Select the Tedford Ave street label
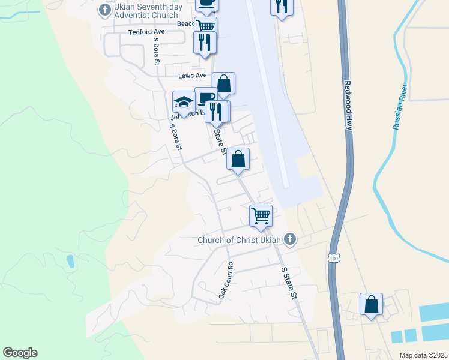(x=146, y=32)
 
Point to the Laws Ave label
(x=192, y=76)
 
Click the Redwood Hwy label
(x=348, y=106)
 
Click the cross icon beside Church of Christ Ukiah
(x=289, y=240)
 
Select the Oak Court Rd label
(x=225, y=280)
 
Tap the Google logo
(x=20, y=353)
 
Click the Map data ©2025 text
(x=424, y=355)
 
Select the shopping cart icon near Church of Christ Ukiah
(x=261, y=215)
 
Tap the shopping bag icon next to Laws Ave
(x=223, y=83)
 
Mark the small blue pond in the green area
(x=71, y=261)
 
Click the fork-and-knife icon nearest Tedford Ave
(x=205, y=41)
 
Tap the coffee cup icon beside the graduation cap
(x=206, y=97)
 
